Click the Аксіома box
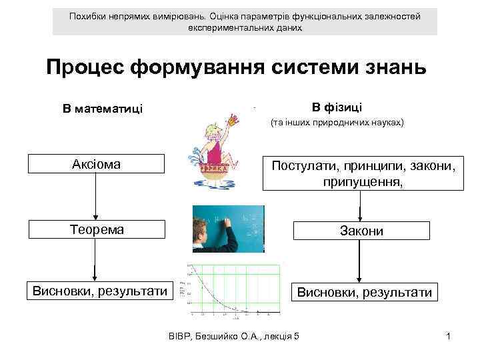(97, 164)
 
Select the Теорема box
(97, 229)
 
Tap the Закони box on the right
(361, 231)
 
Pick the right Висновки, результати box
(364, 292)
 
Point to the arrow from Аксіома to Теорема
(97, 197)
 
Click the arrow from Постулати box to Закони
(361, 206)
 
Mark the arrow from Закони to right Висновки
(361, 262)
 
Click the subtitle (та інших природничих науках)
(337, 123)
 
